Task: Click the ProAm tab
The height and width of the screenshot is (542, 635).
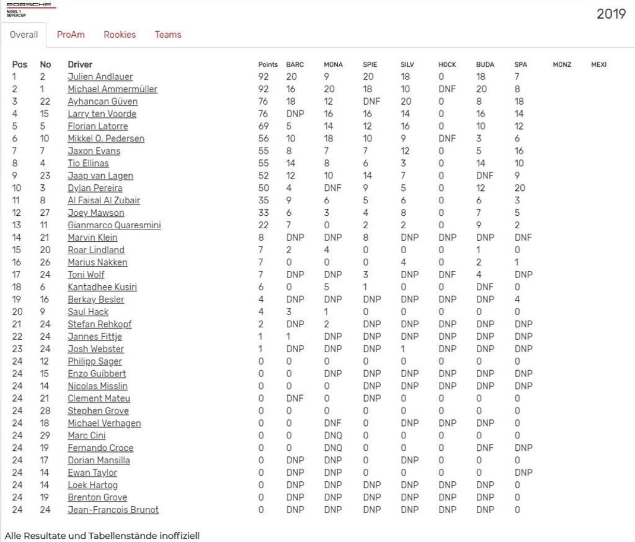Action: (x=71, y=35)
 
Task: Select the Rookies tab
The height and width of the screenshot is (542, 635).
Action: (x=119, y=35)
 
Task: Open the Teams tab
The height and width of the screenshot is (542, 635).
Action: (x=168, y=35)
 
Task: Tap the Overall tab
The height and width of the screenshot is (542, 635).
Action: (x=24, y=35)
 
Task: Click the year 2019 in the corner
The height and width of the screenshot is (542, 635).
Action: (x=611, y=14)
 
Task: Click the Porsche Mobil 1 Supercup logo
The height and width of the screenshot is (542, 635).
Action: (x=29, y=9)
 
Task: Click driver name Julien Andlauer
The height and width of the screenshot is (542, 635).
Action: (x=100, y=77)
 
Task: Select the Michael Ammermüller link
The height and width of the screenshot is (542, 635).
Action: (x=112, y=89)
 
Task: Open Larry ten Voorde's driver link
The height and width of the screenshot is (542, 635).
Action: (x=102, y=114)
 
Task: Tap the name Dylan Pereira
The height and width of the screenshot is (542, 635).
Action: (x=95, y=188)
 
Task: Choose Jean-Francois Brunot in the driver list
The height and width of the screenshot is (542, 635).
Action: (x=113, y=510)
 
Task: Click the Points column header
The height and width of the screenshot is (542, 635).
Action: (x=268, y=65)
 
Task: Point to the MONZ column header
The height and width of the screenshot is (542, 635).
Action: (x=562, y=65)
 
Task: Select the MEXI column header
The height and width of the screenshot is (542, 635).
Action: (x=599, y=65)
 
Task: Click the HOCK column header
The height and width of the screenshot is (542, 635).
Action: (x=447, y=65)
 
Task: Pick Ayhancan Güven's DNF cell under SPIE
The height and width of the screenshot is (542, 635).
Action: (x=371, y=102)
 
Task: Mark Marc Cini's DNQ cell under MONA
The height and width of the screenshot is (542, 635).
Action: (x=333, y=436)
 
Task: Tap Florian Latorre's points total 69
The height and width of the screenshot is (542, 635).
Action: (x=264, y=127)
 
